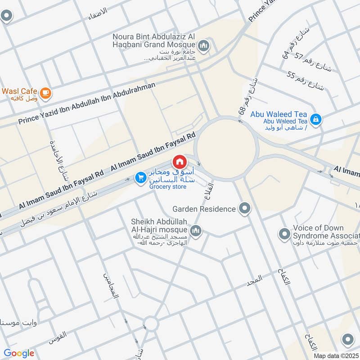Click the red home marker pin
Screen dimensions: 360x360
pyautogui.click(x=179, y=161)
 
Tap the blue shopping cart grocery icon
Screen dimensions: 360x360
pyautogui.click(x=140, y=178)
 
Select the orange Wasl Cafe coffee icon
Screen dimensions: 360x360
pyautogui.click(x=45, y=93)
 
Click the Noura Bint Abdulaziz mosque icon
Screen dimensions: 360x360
pyautogui.click(x=204, y=45)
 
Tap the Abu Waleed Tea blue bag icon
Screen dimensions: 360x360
pyautogui.click(x=316, y=119)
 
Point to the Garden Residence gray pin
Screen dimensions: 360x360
pyautogui.click(x=245, y=208)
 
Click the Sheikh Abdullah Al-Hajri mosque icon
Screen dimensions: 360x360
pyautogui.click(x=195, y=231)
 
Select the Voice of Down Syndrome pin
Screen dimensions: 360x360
pyautogui.click(x=284, y=234)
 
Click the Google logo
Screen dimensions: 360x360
pyautogui.click(x=19, y=353)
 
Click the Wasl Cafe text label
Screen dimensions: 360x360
pyautogui.click(x=19, y=91)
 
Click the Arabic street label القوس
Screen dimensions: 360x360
pyautogui.click(x=58, y=335)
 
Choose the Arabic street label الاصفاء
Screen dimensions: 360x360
pyautogui.click(x=97, y=10)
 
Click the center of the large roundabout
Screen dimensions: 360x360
pyautogui.click(x=227, y=146)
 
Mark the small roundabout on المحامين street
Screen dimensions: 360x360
pyautogui.click(x=151, y=324)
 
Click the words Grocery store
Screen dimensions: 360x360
pyautogui.click(x=167, y=186)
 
